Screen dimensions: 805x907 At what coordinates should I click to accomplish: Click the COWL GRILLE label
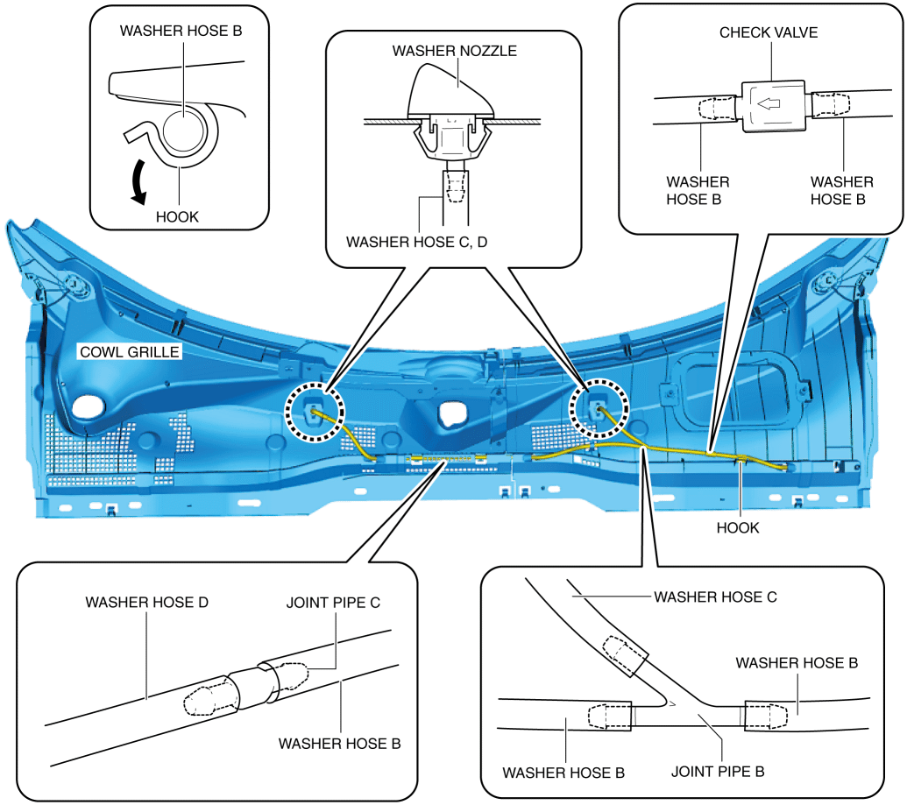[x=129, y=353]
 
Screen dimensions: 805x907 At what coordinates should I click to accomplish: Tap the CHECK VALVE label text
[x=769, y=32]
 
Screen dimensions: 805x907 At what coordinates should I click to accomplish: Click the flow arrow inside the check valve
[x=769, y=105]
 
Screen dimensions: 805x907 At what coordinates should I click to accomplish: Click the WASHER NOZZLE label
[x=454, y=51]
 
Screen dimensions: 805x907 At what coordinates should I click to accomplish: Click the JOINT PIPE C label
[x=334, y=604]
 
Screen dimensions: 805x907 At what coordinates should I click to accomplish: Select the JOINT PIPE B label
[x=718, y=773]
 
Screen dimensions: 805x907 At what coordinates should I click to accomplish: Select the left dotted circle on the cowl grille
[x=315, y=410]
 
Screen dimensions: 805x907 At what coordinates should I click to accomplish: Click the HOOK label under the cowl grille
[x=738, y=528]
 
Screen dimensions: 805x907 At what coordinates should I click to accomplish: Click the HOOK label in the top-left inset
[x=177, y=216]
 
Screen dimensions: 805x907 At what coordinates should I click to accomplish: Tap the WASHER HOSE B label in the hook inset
[x=181, y=30]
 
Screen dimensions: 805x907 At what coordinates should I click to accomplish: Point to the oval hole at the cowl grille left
[x=89, y=406]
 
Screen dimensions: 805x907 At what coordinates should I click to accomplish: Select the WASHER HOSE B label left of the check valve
[x=698, y=190]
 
